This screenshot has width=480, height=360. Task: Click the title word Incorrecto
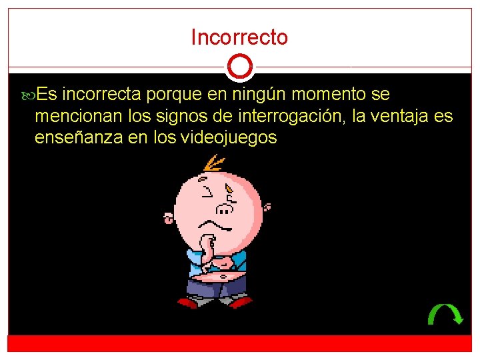coord(239,37)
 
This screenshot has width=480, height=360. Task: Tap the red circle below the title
coord(239,67)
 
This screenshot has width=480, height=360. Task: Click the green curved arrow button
coord(445,314)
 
